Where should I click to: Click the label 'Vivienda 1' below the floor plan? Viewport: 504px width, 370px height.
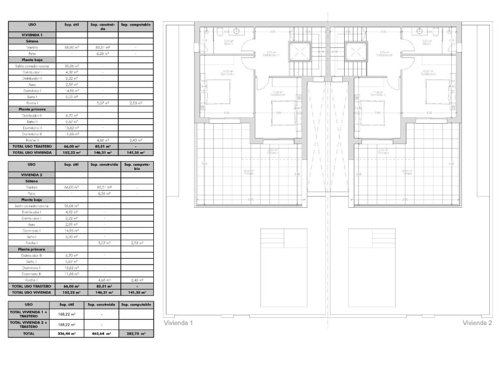(179, 323)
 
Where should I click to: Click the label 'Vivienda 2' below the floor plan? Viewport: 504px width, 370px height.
(477, 323)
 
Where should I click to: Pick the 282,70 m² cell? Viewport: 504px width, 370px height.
(136, 334)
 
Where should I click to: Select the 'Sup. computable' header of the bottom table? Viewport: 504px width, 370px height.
(136, 304)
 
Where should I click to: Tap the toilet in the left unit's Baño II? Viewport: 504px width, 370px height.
(219, 31)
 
